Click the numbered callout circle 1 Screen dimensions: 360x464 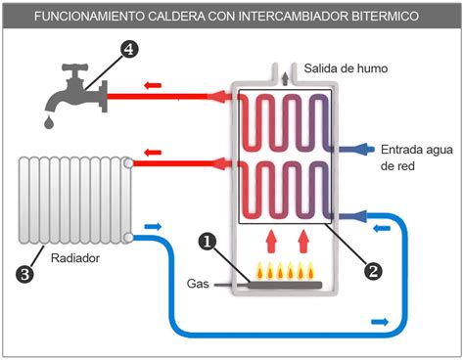(x=206, y=240)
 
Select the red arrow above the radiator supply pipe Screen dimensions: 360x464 (x=152, y=151)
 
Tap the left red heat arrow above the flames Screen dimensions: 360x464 (x=268, y=239)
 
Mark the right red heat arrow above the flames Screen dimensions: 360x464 (x=304, y=239)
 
